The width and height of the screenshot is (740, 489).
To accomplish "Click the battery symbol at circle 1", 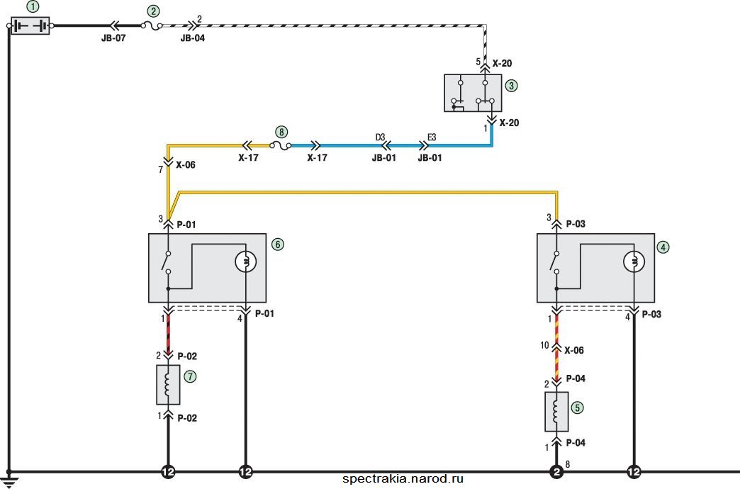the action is coord(30,26).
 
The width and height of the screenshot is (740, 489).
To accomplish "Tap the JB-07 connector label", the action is coord(113,38).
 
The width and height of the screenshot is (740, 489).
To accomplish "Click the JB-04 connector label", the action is coord(193,38).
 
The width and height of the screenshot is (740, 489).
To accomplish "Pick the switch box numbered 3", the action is coord(473,93).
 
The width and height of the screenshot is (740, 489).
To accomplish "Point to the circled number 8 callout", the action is coord(281,132).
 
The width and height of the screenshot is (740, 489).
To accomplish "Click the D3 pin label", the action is coord(381,137).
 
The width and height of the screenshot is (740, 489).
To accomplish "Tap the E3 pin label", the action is coord(432,137).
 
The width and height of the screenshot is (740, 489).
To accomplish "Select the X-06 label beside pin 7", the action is coord(186,165).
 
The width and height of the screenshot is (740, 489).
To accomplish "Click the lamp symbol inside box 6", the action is coord(246,262).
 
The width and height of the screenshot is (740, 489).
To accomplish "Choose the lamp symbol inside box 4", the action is coord(634,262).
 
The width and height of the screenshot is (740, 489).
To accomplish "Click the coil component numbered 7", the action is coord(168,385).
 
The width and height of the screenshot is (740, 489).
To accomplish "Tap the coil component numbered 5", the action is coord(556,412).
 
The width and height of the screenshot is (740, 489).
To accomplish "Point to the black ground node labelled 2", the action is coord(556,471).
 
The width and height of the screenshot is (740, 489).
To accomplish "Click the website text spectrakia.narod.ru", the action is coord(403,479).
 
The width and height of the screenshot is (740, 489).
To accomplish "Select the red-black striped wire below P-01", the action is coord(168,334).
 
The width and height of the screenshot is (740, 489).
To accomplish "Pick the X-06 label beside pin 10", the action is coord(574,350).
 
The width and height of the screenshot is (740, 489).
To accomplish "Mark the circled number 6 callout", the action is coord(278,244).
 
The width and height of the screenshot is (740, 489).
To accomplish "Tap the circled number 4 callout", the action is coord(663,247).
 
